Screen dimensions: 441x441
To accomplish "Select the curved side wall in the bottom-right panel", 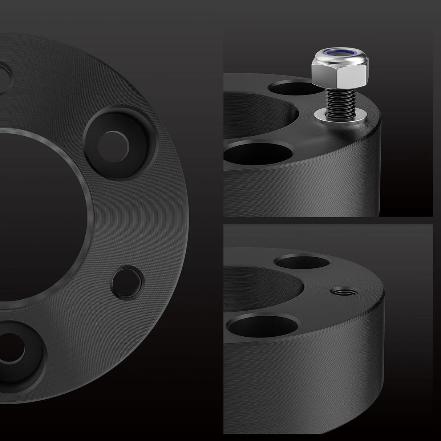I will pyautogui.click(x=327, y=363).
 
